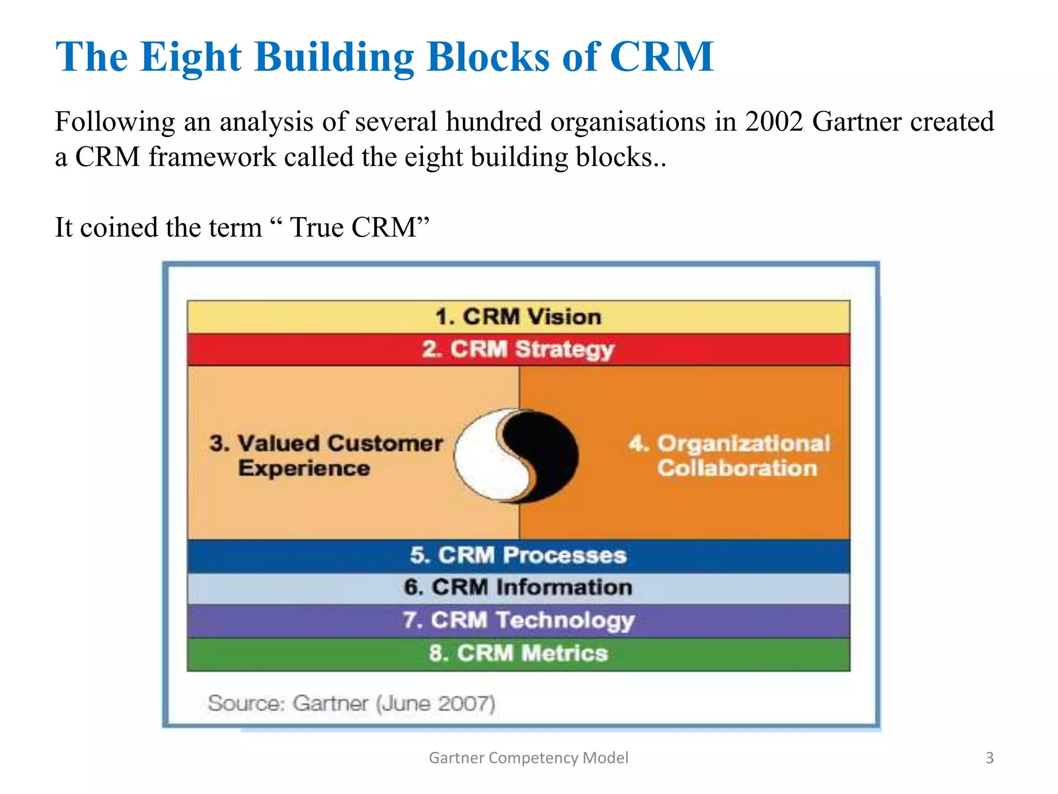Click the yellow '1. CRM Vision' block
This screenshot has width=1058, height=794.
pyautogui.click(x=518, y=317)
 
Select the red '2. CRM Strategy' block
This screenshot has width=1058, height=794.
pyautogui.click(x=518, y=349)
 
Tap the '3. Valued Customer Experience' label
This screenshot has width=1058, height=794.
pyautogui.click(x=326, y=455)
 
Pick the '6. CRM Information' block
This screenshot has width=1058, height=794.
pyautogui.click(x=518, y=588)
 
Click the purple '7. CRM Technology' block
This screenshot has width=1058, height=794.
pyautogui.click(x=518, y=620)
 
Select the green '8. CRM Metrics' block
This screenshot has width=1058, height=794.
pyautogui.click(x=518, y=653)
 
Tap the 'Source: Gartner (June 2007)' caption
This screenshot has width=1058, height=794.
pyautogui.click(x=351, y=704)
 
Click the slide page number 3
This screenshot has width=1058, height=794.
pyautogui.click(x=989, y=758)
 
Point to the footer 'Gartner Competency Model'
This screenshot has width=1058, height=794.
pyautogui.click(x=528, y=758)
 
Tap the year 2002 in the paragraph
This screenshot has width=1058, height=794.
pyautogui.click(x=773, y=122)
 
